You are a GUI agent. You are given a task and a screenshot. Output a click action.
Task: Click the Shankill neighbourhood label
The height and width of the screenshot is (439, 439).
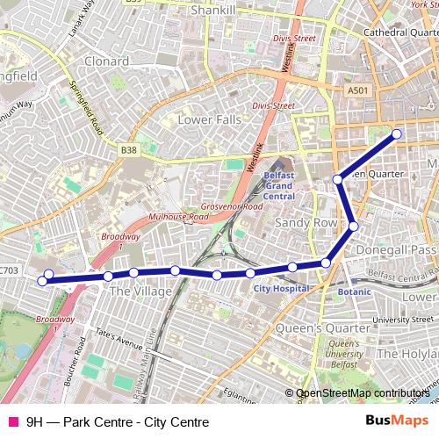coord(212,11)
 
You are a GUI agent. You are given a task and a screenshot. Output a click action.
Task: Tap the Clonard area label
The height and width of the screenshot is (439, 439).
coord(106,61)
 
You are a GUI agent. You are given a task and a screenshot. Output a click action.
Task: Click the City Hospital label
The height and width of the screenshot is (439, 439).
coord(281,288)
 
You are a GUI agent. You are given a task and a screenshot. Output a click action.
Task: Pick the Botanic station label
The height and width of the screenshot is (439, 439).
coord(355,291)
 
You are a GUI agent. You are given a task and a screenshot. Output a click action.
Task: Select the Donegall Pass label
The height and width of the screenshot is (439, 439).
coord(397,250)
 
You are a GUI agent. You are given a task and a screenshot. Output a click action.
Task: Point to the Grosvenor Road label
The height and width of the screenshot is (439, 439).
coord(231,207)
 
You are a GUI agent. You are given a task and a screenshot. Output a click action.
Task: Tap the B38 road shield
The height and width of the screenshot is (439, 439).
coord(129,150)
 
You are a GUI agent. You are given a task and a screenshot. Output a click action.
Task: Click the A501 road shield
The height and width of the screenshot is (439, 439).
coord(357,90)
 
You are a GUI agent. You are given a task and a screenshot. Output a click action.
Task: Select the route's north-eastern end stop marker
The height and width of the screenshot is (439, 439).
coord(396,134)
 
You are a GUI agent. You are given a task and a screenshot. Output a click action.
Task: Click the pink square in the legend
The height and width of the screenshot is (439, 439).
coord(12,421)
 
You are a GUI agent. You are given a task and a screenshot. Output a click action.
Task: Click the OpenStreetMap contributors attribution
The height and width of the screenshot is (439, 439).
coord(363,393)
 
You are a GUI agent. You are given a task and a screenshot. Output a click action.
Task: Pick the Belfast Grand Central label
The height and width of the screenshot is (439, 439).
coord(278,185)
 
